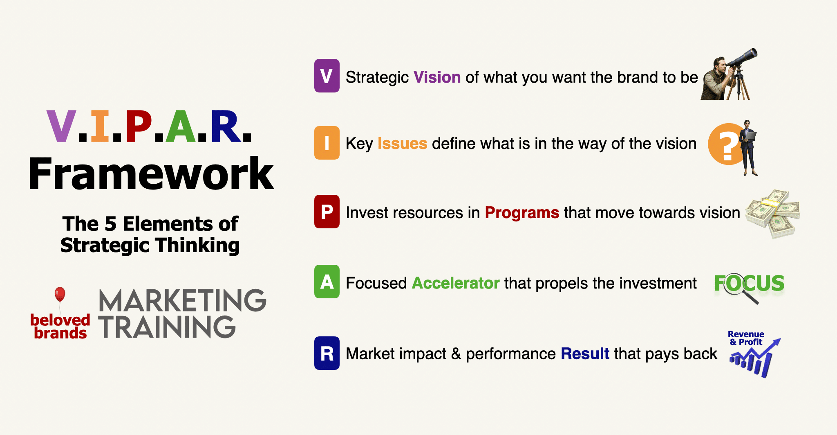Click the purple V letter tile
tap(327, 76)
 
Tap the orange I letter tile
tap(327, 143)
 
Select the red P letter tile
tap(327, 212)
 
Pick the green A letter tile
tap(327, 282)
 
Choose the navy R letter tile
tap(327, 353)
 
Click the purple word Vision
tap(437, 77)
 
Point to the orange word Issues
tap(402, 144)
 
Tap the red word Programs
tap(522, 213)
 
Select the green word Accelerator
tap(456, 283)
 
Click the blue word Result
tap(585, 354)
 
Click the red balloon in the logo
tap(60, 294)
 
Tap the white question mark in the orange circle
tap(727, 147)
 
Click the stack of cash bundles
tap(772, 214)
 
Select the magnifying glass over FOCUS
tap(739, 288)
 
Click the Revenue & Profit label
tap(746, 338)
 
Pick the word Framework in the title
tap(151, 174)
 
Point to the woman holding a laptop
tap(749, 148)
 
